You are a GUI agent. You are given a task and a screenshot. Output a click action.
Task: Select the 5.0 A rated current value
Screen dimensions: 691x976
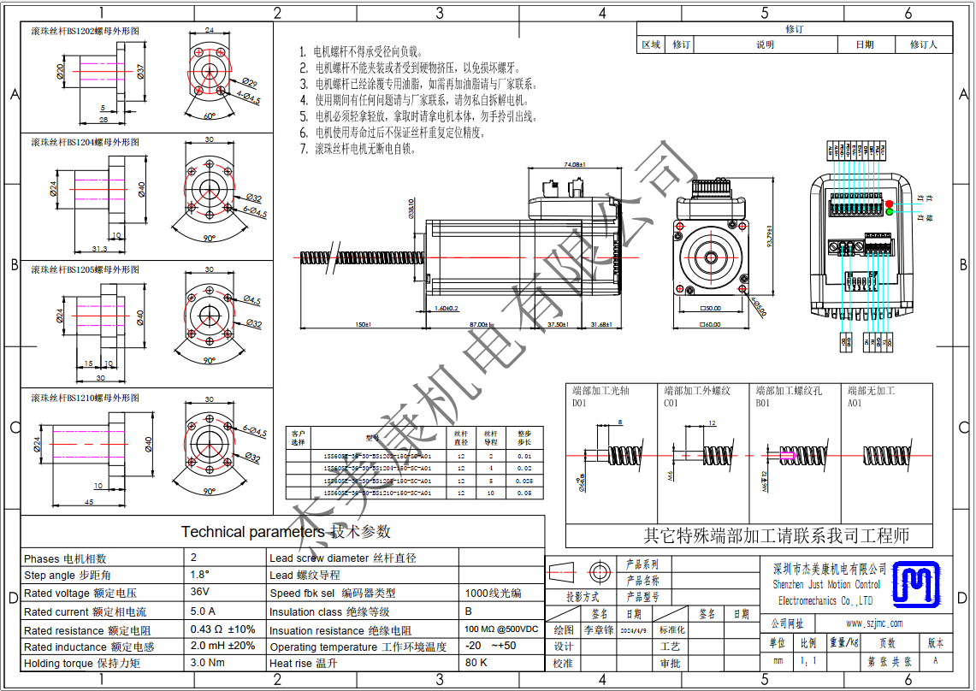coord(203,611)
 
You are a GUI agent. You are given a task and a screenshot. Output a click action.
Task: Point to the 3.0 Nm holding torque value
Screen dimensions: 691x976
coord(206,663)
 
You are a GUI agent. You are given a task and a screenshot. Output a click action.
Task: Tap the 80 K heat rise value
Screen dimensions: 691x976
coord(476,663)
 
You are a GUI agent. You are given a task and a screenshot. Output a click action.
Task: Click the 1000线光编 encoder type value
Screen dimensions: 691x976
coord(493,593)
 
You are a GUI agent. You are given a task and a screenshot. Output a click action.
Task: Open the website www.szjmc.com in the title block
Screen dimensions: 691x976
coord(874,623)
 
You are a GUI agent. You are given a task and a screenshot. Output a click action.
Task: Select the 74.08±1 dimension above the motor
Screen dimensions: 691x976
coord(573,164)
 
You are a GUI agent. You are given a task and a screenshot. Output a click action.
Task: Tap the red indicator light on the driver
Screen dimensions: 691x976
coord(890,203)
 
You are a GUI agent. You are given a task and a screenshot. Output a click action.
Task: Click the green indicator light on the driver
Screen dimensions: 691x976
coord(890,212)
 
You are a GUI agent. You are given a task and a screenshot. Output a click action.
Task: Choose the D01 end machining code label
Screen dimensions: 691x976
coord(580,403)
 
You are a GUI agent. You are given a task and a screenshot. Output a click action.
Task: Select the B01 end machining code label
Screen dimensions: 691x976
coord(762,403)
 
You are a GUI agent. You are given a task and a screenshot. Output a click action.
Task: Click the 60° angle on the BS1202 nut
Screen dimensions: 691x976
coord(210,115)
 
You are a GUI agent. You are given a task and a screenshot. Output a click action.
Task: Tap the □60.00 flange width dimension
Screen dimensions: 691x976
coord(711,325)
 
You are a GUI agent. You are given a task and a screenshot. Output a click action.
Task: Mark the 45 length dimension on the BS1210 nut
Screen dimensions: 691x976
coord(89,503)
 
